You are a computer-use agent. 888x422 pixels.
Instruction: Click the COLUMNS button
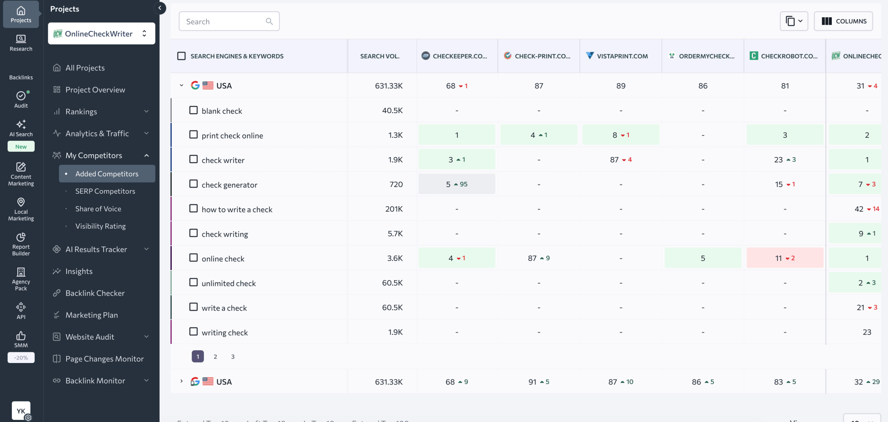point(843,21)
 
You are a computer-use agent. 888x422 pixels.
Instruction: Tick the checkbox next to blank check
point(193,110)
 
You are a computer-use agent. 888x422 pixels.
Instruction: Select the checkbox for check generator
point(193,184)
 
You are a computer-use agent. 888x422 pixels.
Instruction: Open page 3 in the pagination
point(233,356)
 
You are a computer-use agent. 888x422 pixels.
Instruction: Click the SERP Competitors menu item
point(105,191)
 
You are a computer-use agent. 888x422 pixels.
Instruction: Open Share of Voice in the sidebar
point(98,209)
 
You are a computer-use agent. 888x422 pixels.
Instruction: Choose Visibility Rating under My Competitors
point(101,226)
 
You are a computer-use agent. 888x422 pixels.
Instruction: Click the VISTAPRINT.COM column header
point(622,56)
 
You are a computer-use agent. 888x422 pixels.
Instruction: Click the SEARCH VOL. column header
point(379,56)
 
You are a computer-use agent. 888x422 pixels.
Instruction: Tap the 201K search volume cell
point(394,209)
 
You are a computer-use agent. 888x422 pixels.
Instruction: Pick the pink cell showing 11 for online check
point(785,258)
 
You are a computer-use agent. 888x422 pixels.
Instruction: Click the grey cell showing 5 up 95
point(456,184)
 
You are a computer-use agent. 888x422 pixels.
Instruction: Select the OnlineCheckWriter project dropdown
point(101,34)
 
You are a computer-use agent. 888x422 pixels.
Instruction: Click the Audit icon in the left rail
point(21,99)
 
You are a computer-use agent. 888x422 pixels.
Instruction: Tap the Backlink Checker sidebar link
point(95,293)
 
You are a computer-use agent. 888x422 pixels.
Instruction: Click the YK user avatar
point(21,411)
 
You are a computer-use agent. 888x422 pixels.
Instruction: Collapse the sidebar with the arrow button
point(160,8)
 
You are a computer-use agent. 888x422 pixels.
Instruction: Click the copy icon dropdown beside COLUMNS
point(794,21)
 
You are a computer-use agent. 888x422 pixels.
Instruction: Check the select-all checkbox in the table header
point(181,56)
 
